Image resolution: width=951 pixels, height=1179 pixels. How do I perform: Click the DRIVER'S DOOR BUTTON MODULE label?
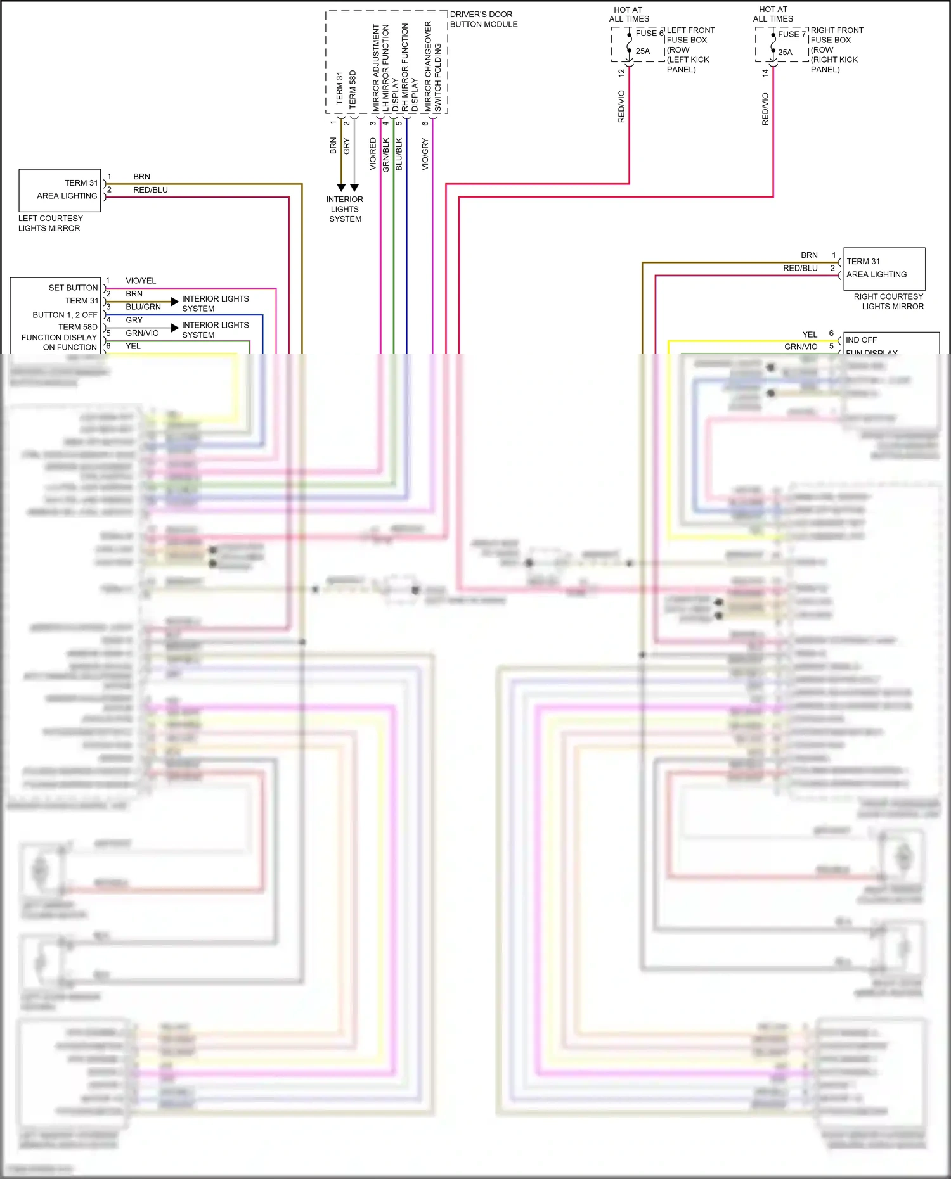[x=483, y=20]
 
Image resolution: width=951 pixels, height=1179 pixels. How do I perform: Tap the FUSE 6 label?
[x=649, y=34]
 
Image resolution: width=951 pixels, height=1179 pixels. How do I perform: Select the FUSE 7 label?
[x=791, y=34]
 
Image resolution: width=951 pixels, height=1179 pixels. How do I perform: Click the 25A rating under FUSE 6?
[x=643, y=51]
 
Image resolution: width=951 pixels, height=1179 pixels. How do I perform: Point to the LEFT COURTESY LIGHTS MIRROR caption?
[x=50, y=223]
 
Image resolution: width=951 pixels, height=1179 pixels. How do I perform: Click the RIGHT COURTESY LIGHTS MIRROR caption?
[x=889, y=302]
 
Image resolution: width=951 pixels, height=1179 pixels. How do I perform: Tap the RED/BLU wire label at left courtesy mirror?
[x=150, y=190]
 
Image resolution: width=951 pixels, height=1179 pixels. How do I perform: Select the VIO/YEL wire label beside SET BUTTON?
[x=141, y=281]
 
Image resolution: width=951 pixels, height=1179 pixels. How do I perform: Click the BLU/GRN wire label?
[x=143, y=307]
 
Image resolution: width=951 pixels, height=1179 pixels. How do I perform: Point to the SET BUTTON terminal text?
[x=73, y=288]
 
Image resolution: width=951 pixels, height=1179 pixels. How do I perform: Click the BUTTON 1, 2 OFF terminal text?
[x=65, y=315]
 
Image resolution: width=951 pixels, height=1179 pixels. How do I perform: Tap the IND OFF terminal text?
[x=861, y=340]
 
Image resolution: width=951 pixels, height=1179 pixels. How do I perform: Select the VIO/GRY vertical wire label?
[x=425, y=154]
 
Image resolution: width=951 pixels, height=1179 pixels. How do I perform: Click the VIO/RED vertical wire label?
[x=373, y=154]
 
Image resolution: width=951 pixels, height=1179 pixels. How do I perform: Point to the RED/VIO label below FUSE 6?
[x=621, y=106]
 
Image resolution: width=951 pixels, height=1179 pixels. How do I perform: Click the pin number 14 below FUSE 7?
[x=765, y=73]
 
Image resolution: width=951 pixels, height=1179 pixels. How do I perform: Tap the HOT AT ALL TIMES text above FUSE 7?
[x=773, y=14]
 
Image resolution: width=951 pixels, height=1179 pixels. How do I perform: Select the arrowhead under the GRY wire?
[x=354, y=188]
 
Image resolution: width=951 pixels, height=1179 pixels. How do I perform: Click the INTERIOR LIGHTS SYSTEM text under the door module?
[x=345, y=209]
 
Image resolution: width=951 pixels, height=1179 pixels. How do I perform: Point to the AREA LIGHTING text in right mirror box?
[x=876, y=274]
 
